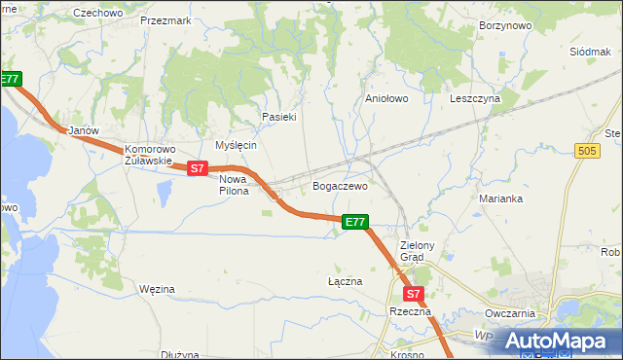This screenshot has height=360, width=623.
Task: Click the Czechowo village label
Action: coord(97,13)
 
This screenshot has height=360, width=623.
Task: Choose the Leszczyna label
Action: coord(475,98)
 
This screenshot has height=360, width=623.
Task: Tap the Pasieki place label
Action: coord(278,116)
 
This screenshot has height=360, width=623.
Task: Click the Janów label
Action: coord(79,129)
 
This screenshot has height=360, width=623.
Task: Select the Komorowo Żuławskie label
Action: coord(148,156)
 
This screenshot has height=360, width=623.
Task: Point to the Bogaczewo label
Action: coord(339,185)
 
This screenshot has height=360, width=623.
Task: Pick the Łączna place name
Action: coord(345,280)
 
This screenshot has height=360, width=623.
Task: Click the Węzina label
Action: coord(157,289)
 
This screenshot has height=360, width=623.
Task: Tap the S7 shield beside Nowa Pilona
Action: coord(198,168)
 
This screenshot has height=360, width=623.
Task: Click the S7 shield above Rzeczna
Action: coord(413,293)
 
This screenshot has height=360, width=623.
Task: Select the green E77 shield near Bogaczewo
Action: coord(355,223)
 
